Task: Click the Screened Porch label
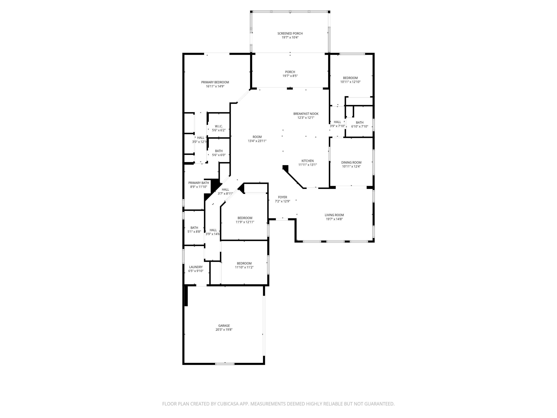point(290,33)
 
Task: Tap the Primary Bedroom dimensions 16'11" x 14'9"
point(215,86)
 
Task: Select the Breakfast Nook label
point(306,114)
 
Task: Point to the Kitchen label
point(307,161)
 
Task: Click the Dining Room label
point(351,163)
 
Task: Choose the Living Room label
point(334,215)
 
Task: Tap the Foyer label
point(282,197)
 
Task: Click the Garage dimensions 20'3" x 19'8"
point(224,330)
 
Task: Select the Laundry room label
point(196,267)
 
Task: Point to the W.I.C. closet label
point(219,126)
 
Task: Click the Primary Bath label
point(198,183)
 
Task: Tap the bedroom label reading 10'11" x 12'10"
point(350,78)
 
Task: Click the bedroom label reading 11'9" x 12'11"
point(245,218)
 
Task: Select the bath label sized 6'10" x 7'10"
point(360,122)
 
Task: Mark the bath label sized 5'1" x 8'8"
point(194,228)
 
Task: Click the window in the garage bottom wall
point(225,364)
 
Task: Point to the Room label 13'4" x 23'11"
point(257,137)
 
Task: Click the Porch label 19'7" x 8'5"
point(290,72)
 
